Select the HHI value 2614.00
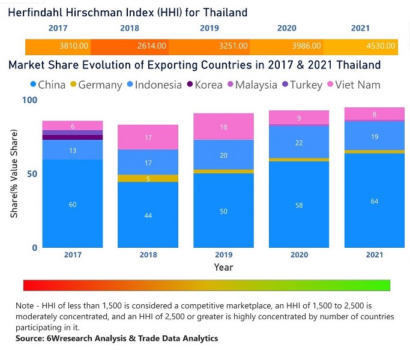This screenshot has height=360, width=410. tap(152, 46)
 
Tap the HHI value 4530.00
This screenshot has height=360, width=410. tap(380, 46)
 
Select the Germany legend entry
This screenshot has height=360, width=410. tap(96, 85)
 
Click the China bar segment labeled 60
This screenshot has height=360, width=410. tap(73, 204)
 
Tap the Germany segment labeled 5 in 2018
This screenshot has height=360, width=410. tap(148, 178)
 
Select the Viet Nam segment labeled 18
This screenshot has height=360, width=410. tap(223, 127)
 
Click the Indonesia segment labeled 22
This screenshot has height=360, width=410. tap(299, 143)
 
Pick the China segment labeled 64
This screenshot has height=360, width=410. tap(375, 201)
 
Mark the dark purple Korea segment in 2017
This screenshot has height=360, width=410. tap(73, 137)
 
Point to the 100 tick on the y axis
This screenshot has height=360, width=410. tap(29, 100)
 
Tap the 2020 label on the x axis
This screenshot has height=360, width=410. tap(299, 255)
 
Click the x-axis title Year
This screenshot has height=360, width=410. tap(223, 267)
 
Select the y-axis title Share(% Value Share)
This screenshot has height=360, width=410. tap(13, 174)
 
